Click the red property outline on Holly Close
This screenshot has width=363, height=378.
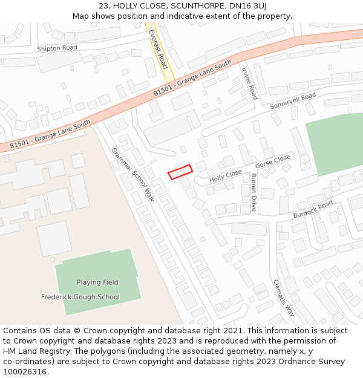180,172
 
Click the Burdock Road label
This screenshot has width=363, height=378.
313,209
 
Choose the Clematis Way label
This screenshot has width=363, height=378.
283,298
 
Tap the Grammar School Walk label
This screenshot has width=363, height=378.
132,175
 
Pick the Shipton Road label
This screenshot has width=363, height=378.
57,48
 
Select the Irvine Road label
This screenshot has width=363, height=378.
249,83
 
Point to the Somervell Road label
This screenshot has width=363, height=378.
293,100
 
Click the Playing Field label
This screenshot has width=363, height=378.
97,282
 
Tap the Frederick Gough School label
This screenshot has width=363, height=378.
80,297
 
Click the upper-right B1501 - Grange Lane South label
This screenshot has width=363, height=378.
192,78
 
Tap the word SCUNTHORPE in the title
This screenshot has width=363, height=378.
195,6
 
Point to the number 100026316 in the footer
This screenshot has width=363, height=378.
24,371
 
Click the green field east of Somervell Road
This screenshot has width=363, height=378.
335,143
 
